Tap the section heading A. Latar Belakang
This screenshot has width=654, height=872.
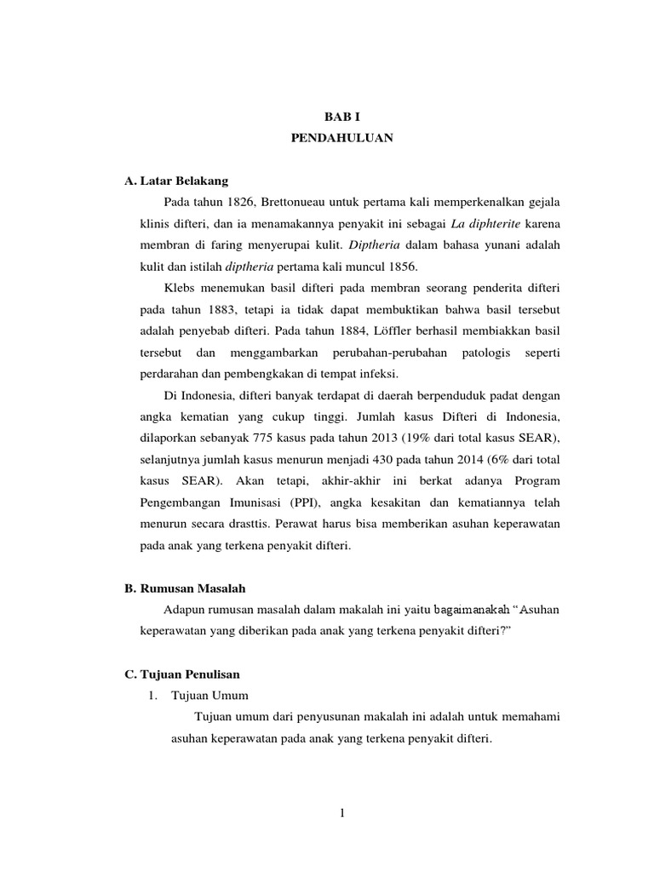[175, 181]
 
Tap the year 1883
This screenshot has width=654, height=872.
[215, 308]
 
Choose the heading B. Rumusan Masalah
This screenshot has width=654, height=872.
[185, 588]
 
